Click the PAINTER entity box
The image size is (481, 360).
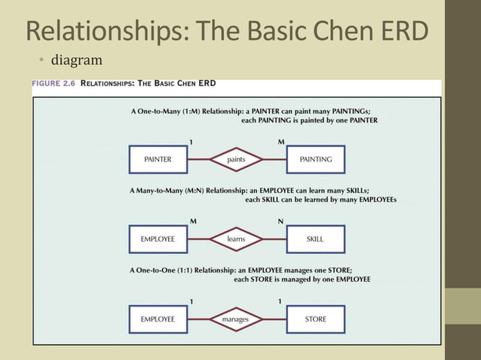[158, 160]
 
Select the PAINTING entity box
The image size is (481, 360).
[316, 160]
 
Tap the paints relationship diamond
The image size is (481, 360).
[236, 160]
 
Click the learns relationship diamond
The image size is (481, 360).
[236, 239]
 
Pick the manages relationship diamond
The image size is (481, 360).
[236, 319]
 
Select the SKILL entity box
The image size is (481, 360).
[316, 239]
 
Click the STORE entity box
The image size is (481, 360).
[316, 319]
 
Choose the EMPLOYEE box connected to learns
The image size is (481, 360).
[158, 239]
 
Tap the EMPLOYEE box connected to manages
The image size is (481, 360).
[158, 319]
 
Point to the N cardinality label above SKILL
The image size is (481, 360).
[281, 221]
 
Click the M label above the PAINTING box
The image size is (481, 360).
[281, 142]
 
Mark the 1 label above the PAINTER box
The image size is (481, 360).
[191, 142]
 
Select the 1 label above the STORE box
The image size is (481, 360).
[280, 301]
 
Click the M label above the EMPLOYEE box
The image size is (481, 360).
[193, 221]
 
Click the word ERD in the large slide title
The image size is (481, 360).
[402, 31]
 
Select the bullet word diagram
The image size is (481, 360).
[76, 59]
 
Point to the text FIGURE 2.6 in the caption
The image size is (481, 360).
[53, 84]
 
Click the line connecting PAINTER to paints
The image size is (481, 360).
[198, 160]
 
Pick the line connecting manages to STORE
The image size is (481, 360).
[275, 319]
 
